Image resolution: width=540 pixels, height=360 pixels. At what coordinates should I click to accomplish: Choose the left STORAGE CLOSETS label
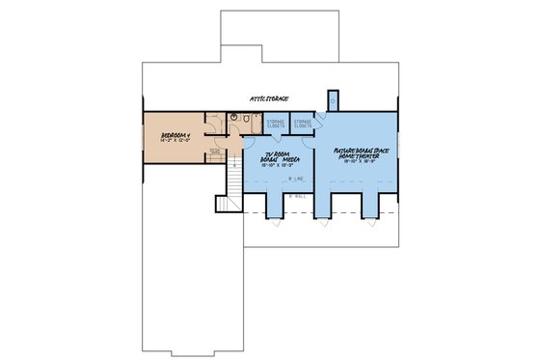pos(277,123)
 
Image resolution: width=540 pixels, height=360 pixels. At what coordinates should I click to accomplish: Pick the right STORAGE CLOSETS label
pos(302,123)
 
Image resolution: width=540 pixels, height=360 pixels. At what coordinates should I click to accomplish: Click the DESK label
pos(215,151)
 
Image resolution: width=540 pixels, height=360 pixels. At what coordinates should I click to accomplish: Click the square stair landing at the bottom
pos(227,203)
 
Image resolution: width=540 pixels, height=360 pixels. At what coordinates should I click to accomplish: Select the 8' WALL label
pos(297,196)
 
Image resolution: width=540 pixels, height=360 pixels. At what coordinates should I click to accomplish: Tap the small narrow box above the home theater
pos(332,99)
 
